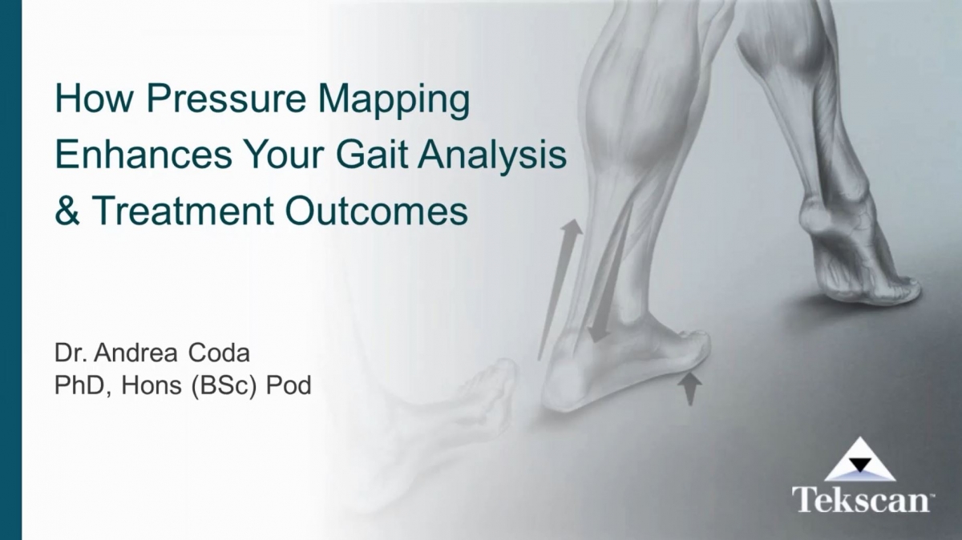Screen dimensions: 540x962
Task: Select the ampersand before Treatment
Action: point(67,210)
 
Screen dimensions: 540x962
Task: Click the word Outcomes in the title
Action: point(377,210)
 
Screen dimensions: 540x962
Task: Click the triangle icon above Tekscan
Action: point(860,461)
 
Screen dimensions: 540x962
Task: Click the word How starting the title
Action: point(80,102)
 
